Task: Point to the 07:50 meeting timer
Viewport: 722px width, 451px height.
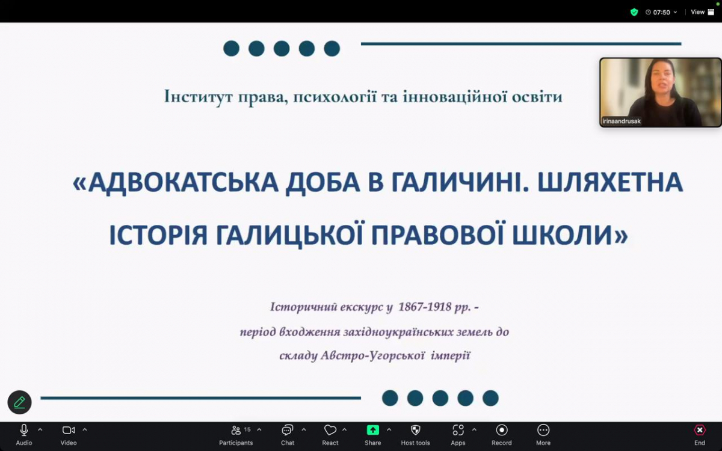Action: [662, 12]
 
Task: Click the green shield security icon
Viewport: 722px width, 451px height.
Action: [634, 12]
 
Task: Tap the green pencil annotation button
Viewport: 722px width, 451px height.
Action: [19, 402]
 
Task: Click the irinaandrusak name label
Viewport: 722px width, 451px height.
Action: [622, 121]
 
